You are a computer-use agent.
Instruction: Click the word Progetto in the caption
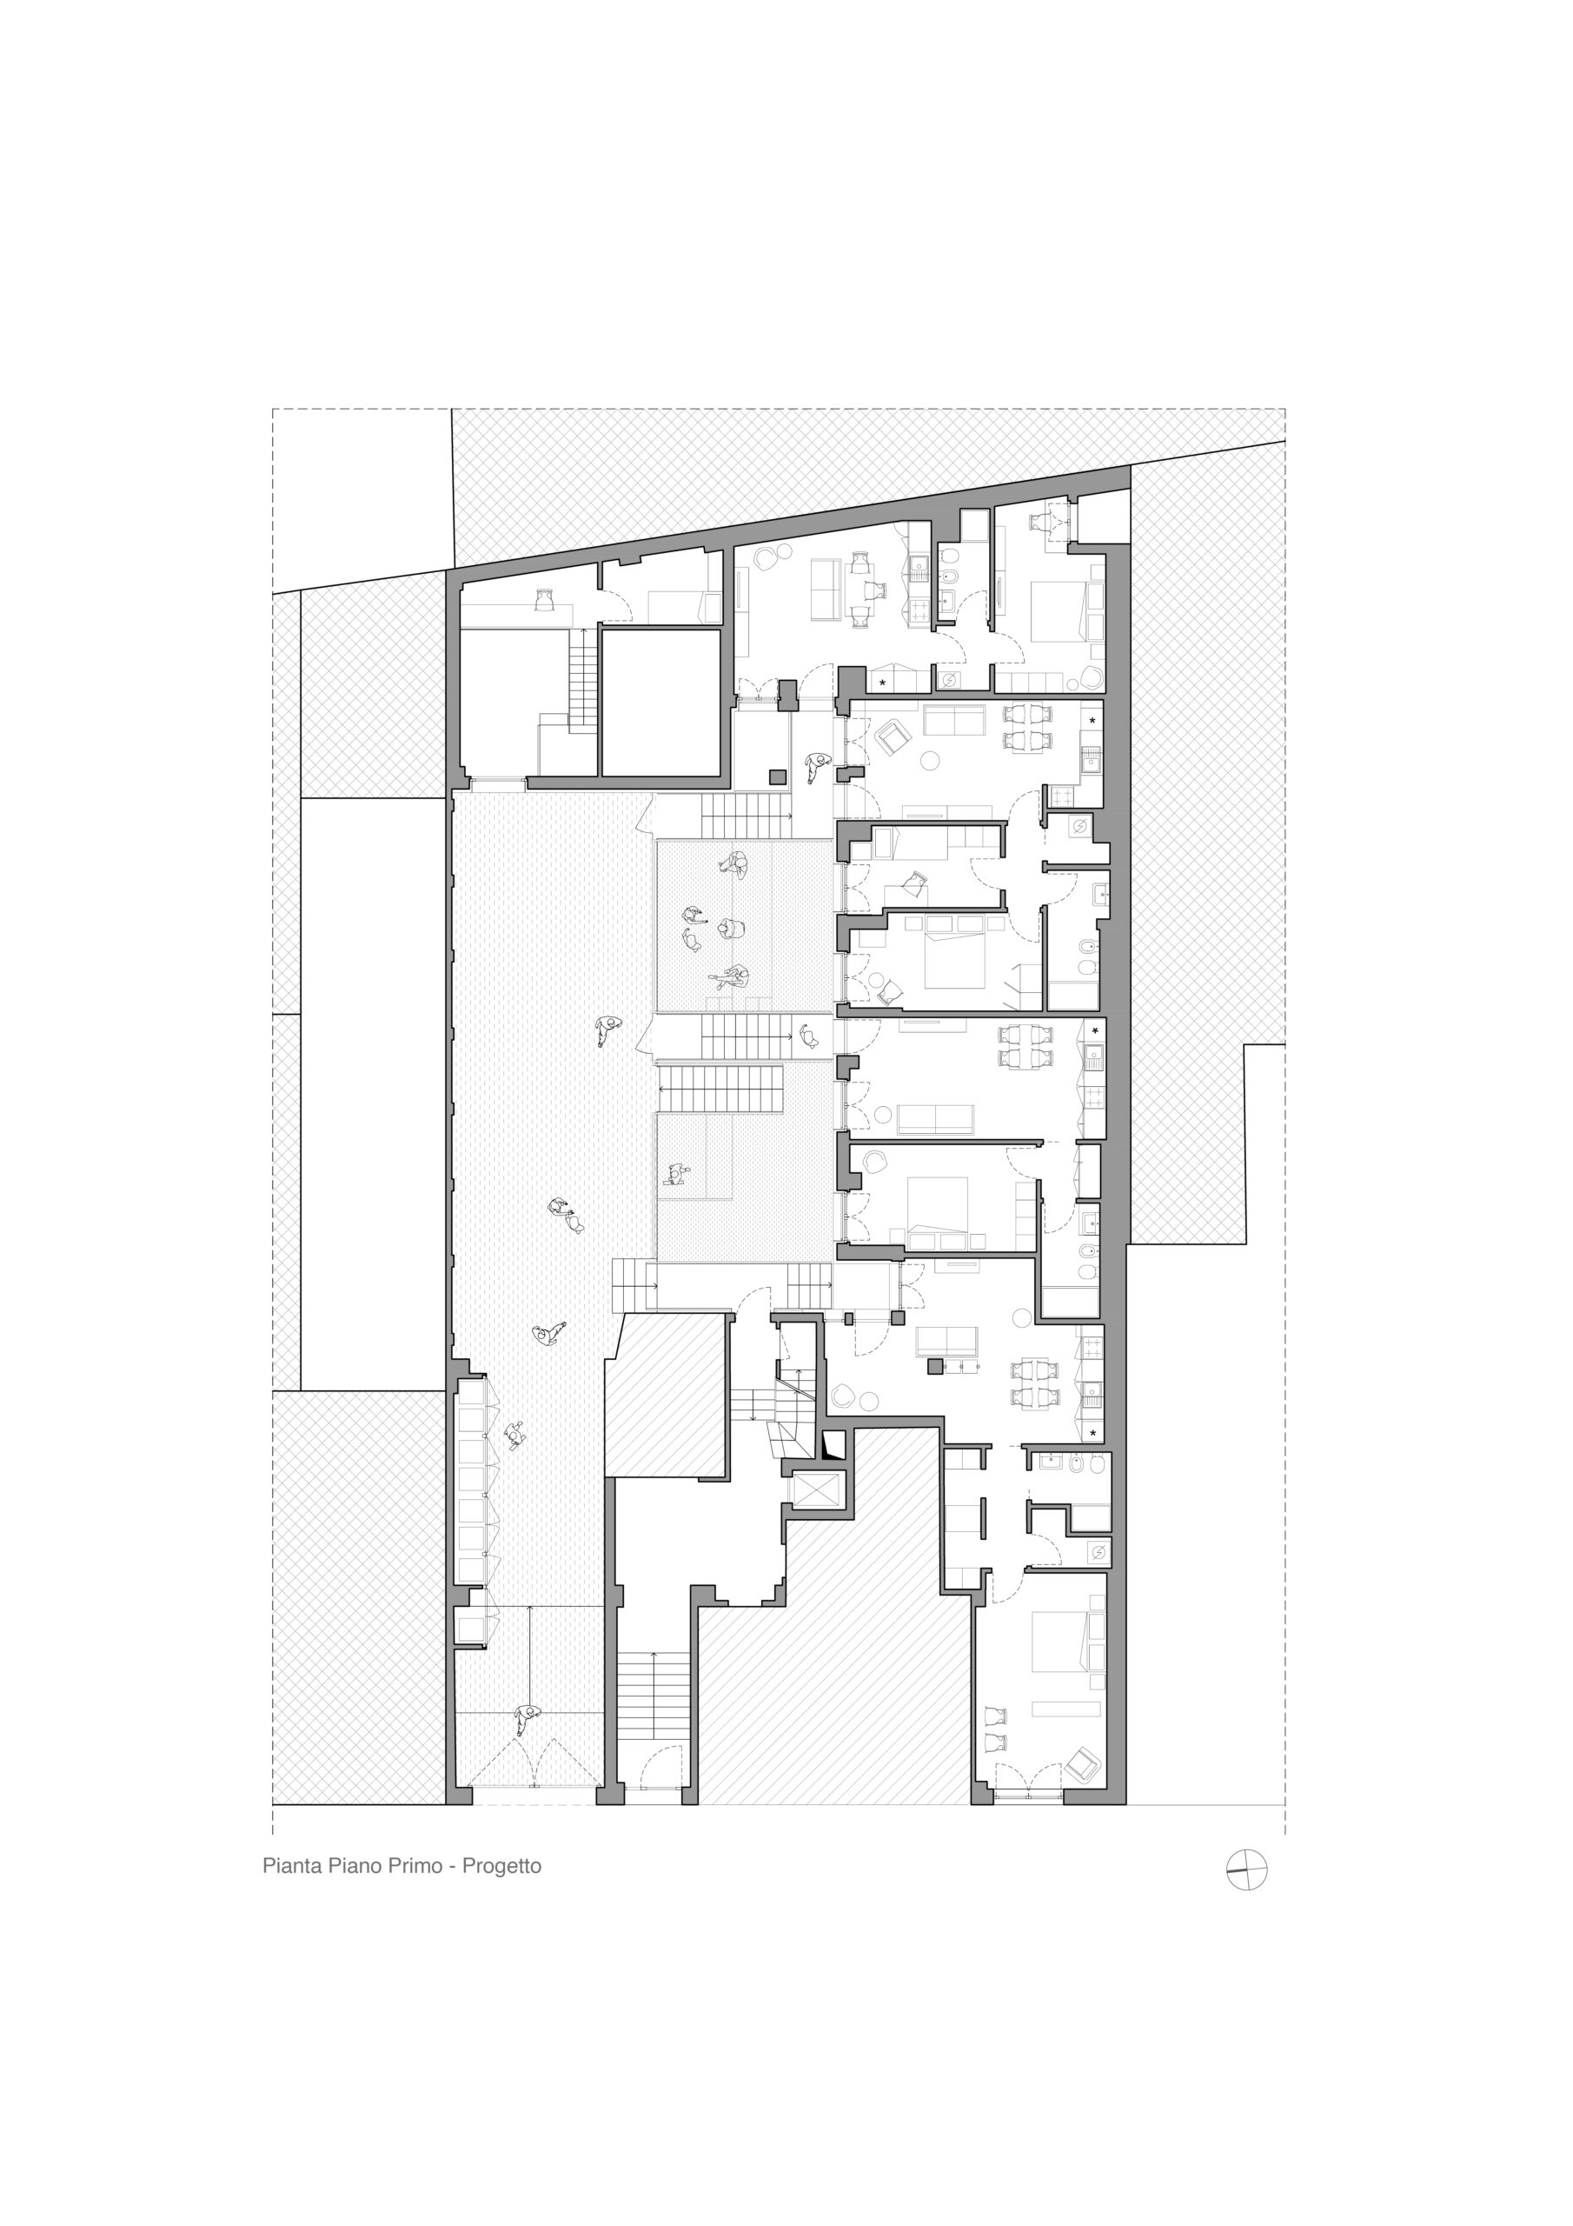coord(501,1865)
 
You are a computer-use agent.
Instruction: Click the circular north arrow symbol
coord(1246,1869)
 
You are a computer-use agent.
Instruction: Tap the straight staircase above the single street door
coord(654,1695)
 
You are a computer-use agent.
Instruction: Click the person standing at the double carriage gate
coord(527,1720)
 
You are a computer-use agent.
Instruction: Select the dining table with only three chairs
coord(857,588)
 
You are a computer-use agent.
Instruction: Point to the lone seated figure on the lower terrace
coord(674,1174)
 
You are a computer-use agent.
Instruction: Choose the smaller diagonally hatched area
coord(665,1396)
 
